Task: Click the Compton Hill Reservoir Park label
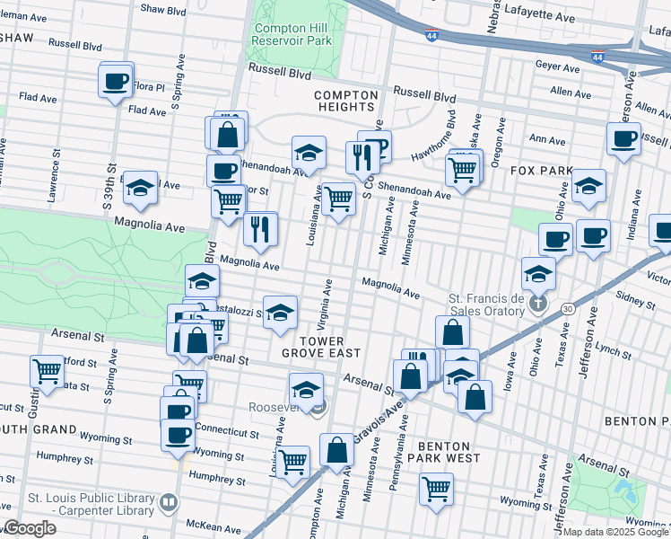point(292,33)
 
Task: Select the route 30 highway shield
point(568,308)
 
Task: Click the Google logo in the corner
point(30,528)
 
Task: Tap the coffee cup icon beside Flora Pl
point(115,82)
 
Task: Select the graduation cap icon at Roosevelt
point(306,392)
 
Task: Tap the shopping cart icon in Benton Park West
point(437,490)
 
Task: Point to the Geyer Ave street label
point(557,66)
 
